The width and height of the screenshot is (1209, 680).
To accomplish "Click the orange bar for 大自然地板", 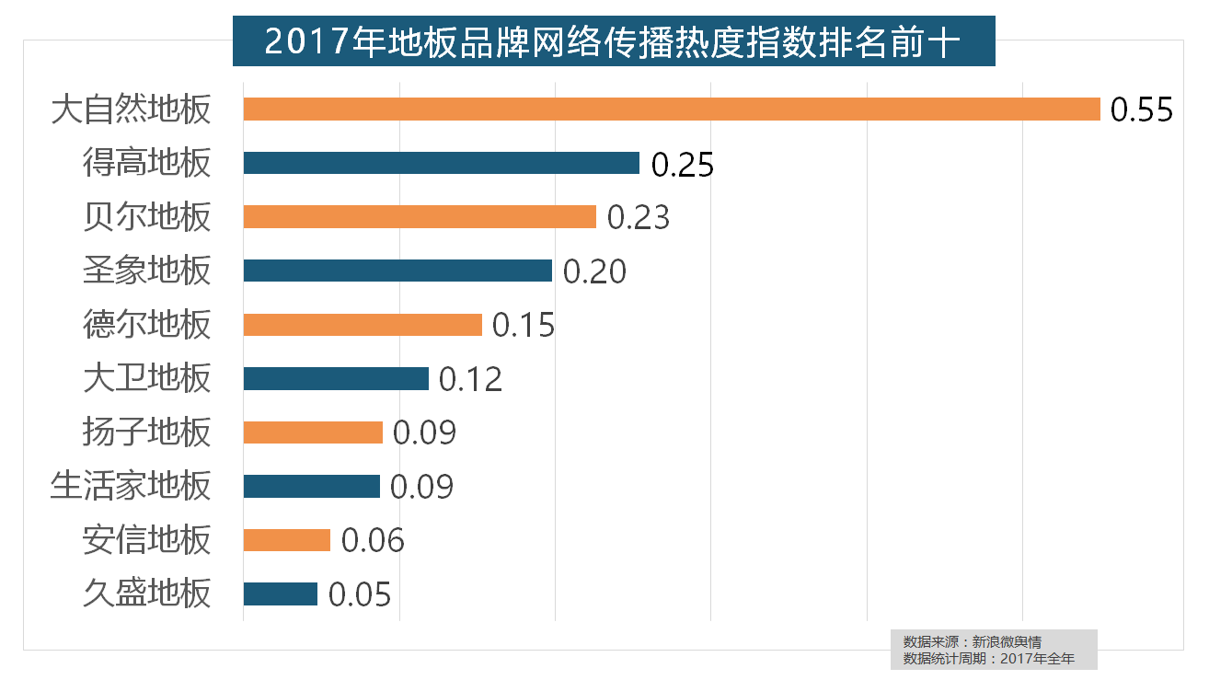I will point(672,109).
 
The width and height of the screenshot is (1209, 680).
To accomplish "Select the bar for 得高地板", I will point(442,163).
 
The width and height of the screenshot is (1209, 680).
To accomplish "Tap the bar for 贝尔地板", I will point(420,217).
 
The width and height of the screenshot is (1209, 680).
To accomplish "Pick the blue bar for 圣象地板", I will point(397,271).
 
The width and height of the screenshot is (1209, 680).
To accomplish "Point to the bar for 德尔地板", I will point(363,325).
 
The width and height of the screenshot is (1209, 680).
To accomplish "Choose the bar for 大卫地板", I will point(336,378).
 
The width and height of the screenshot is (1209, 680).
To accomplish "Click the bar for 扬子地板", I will point(313,432).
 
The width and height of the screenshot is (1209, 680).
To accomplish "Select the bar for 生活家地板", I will point(312,486).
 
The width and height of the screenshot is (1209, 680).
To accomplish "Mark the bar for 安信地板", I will point(287,540).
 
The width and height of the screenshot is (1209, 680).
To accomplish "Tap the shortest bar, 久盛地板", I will point(281,594).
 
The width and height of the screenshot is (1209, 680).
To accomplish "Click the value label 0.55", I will point(1142,110).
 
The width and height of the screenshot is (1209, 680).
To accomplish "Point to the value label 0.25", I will point(683,165).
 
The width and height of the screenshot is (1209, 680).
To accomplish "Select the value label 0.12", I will point(471,379).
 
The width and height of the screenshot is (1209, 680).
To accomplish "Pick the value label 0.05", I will point(360,594).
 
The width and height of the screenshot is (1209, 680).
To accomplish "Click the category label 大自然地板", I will point(132,109).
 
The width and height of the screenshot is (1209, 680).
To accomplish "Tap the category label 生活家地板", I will point(132,486).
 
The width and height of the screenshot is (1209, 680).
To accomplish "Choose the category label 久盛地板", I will point(147,594).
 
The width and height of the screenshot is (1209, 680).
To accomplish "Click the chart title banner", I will point(614,42).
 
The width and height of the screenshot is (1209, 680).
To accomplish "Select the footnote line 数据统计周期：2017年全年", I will point(989,658).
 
